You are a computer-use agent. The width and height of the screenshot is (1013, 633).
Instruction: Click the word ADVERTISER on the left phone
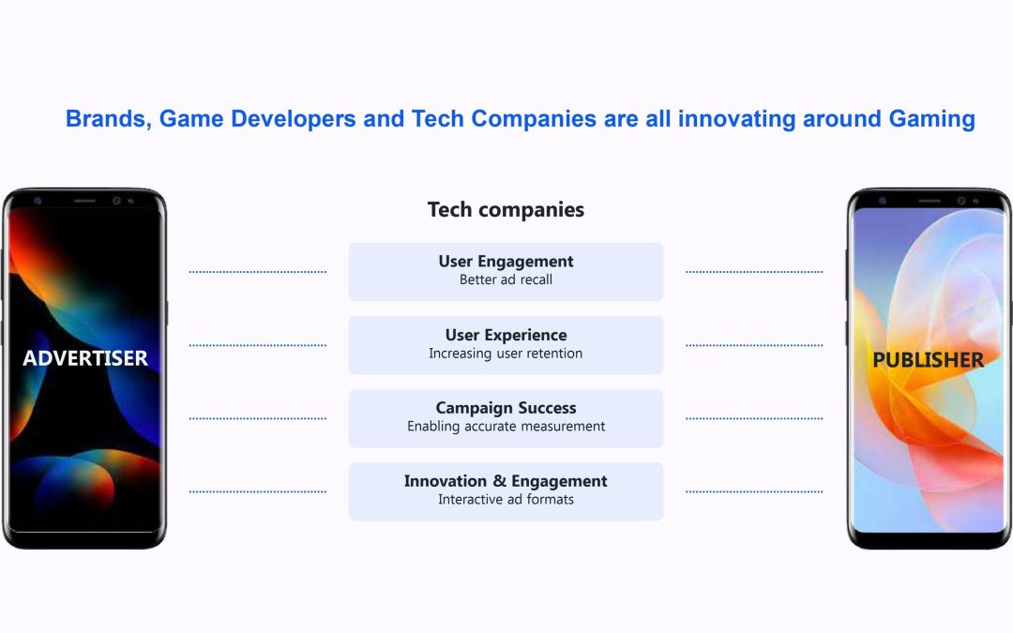coord(85,358)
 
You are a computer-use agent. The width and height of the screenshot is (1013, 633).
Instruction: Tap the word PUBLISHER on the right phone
coord(929,360)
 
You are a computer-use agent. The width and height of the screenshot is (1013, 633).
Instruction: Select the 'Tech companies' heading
coord(506,209)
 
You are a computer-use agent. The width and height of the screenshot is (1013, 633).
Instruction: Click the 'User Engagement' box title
coord(506,262)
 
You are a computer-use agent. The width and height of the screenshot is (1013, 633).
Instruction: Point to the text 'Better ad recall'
coord(506,279)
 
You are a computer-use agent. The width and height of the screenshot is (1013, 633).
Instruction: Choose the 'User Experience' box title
coord(506,335)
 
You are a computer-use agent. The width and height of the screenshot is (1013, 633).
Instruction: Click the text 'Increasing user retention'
coord(506,354)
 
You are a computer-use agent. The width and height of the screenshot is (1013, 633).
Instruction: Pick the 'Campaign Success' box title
coord(506,408)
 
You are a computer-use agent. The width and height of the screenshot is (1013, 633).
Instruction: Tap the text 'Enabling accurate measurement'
coord(506,427)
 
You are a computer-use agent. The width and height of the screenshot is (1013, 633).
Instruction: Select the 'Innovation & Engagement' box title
coord(506,481)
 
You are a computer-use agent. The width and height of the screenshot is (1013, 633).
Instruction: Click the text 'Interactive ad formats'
coord(506,499)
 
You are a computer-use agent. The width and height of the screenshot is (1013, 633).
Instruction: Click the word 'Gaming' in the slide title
coord(931,119)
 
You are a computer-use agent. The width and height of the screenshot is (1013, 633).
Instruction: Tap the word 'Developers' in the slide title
coord(294,119)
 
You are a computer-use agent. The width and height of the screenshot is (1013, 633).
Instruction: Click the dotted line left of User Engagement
coord(258,272)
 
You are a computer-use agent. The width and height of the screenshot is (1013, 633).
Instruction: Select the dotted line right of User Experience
coord(754,345)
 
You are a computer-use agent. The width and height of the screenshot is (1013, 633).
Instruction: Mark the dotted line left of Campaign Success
coord(258,418)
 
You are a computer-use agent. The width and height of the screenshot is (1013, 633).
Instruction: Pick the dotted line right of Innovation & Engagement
coord(754,491)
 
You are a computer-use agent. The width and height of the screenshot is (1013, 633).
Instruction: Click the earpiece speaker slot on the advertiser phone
coord(84,201)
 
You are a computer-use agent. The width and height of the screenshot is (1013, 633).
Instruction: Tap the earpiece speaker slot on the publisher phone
coord(929,201)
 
